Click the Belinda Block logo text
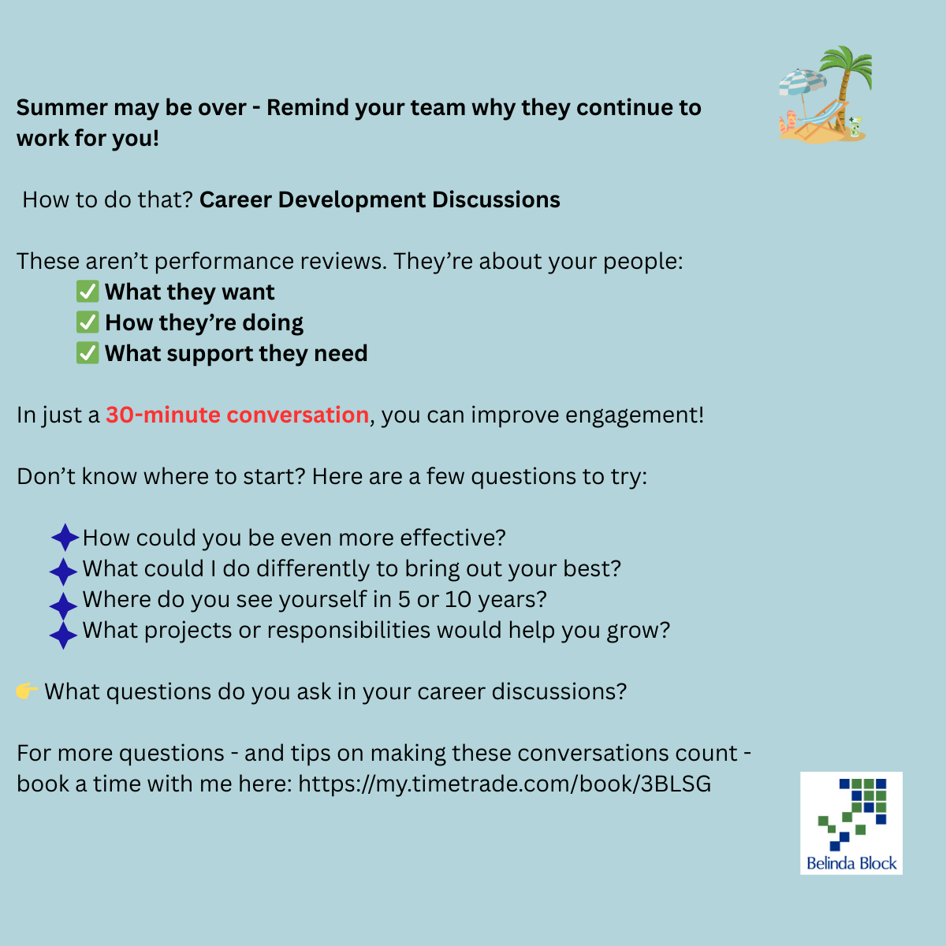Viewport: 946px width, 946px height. (851, 863)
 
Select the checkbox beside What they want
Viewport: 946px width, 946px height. (88, 292)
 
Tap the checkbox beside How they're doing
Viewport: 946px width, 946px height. (88, 322)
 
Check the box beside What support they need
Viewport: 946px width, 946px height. (88, 353)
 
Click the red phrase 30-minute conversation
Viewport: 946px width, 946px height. (237, 415)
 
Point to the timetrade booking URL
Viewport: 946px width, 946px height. (505, 784)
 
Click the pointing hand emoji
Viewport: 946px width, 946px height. (26, 691)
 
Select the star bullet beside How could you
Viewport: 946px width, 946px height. (65, 538)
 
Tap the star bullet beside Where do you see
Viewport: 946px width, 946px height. (63, 605)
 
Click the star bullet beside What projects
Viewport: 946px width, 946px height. (63, 635)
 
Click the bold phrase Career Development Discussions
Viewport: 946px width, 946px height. (379, 199)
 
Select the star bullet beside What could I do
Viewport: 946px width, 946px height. (63, 571)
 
